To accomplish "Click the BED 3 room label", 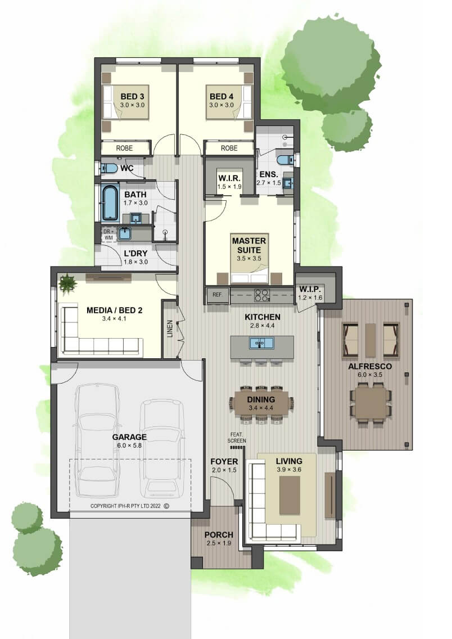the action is pyautogui.click(x=132, y=97).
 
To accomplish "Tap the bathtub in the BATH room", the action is pyautogui.click(x=109, y=203).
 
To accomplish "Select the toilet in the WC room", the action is pyautogui.click(x=109, y=168).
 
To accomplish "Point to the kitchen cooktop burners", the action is pyautogui.click(x=262, y=295).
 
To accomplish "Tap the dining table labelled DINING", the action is pyautogui.click(x=261, y=403).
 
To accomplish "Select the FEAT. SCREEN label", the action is pyautogui.click(x=237, y=438).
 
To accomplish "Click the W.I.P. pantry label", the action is pyautogui.click(x=310, y=289).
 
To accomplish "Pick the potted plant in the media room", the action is pyautogui.click(x=67, y=282).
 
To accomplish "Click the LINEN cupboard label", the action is pyautogui.click(x=170, y=328).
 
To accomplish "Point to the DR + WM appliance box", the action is pyautogui.click(x=109, y=235).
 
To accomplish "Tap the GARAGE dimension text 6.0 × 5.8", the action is pyautogui.click(x=129, y=445).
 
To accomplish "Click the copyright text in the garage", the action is pyautogui.click(x=129, y=506).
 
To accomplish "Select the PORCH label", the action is pyautogui.click(x=219, y=535).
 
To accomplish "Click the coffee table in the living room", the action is pyautogui.click(x=290, y=495).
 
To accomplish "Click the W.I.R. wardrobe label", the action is pyautogui.click(x=229, y=178).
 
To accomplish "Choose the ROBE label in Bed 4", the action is pyautogui.click(x=229, y=148).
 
